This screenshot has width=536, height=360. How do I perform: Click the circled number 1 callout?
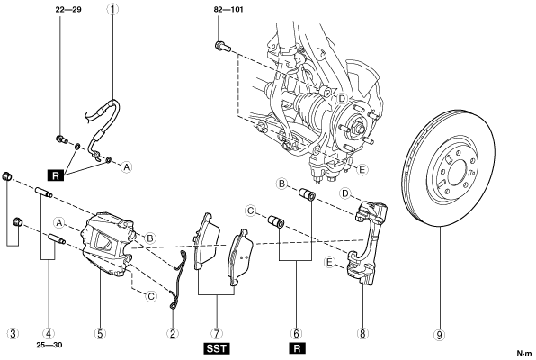click(x=112, y=9)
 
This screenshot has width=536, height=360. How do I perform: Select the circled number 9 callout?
click(x=440, y=335)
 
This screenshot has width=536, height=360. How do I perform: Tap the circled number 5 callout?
click(x=100, y=333)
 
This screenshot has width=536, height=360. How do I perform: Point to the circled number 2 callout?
click(x=173, y=333)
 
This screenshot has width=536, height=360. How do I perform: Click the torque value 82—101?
click(x=228, y=9)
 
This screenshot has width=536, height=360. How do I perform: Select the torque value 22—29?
click(x=68, y=9)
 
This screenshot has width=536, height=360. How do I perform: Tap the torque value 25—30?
click(x=49, y=345)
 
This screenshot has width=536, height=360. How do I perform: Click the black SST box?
click(x=217, y=348)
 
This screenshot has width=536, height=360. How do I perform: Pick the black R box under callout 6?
click(x=297, y=348)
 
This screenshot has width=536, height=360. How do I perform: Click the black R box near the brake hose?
click(x=56, y=175)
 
